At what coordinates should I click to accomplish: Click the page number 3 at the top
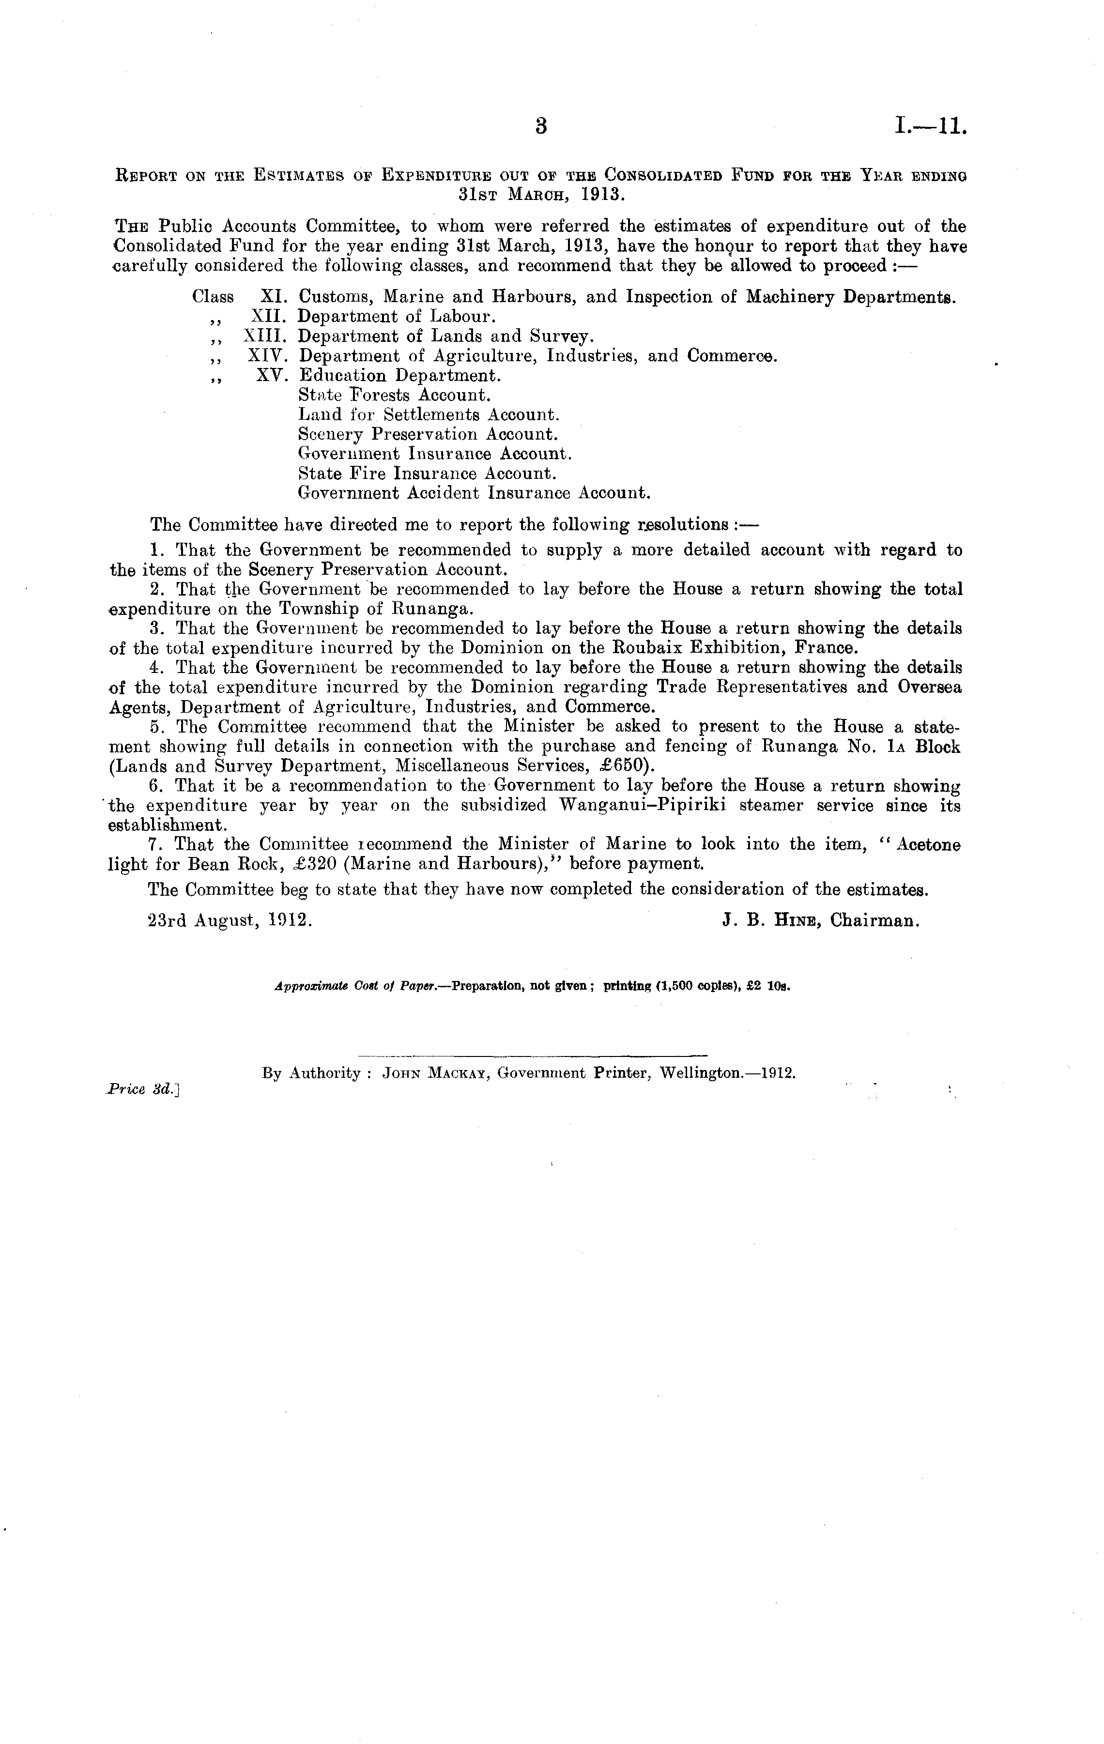click(x=540, y=127)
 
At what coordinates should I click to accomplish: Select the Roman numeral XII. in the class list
click(x=269, y=317)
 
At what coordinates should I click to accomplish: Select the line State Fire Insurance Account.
click(x=427, y=474)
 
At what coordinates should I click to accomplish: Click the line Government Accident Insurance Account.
click(x=474, y=493)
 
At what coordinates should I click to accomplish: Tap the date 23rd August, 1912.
click(x=230, y=920)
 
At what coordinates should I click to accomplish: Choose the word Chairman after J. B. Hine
click(x=874, y=920)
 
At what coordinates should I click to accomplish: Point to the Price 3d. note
click(x=141, y=1088)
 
